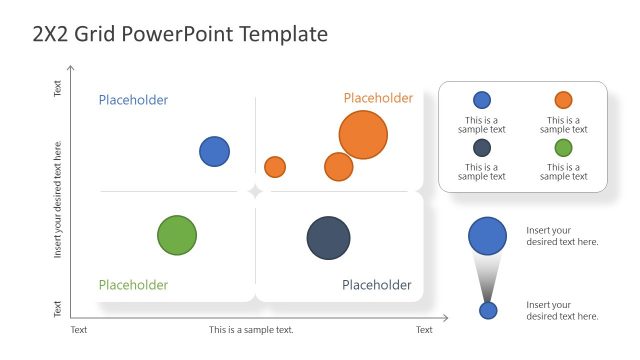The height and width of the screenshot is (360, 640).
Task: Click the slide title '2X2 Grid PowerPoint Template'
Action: pos(180,35)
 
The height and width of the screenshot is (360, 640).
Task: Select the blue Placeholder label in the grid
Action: pos(133,100)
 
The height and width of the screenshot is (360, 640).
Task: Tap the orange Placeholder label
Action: pos(378,98)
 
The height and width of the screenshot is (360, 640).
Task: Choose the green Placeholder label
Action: pos(133,285)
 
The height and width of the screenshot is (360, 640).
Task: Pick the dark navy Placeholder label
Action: pos(376,285)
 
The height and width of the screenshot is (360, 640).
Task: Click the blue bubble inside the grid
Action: pos(214,152)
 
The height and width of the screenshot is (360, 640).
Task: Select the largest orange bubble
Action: pos(363,135)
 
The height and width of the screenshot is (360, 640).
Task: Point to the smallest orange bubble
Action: pos(275,167)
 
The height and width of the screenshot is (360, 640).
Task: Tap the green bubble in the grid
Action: pos(177,235)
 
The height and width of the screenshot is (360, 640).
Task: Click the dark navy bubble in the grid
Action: pos(328,238)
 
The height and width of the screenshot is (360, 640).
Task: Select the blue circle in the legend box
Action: pos(482,100)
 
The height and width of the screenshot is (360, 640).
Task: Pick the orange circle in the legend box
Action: pos(563,100)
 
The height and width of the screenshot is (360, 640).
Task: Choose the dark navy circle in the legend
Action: pos(482,148)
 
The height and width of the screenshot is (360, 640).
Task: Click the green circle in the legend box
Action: pos(563,148)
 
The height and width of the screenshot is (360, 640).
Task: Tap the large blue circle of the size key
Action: pos(487,236)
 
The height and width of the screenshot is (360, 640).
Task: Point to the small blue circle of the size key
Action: pos(488,310)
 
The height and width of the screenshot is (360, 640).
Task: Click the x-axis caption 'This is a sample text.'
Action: pos(251,330)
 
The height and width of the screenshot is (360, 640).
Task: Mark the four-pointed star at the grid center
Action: pos(255,191)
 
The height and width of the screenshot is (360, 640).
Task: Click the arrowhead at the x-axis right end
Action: pos(444,319)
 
